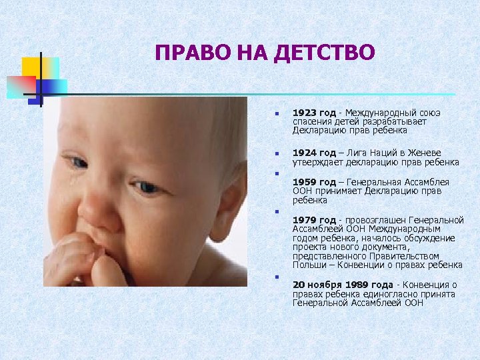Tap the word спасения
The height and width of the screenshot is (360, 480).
[311, 122]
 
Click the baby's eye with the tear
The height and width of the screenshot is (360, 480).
[78, 163]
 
